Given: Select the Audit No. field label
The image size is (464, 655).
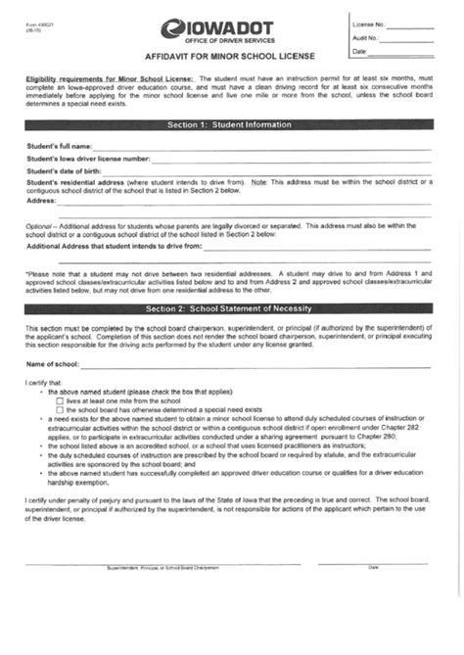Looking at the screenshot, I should [x=366, y=37].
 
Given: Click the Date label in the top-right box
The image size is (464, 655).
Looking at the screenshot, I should [x=359, y=51].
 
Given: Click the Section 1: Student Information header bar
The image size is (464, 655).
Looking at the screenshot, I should [x=229, y=125].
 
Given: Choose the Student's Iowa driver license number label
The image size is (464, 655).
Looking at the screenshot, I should [x=88, y=158].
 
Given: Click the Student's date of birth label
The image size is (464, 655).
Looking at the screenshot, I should [x=65, y=170].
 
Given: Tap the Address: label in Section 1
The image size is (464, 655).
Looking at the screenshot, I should [x=41, y=200].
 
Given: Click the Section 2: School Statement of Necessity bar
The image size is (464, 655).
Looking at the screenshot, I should [x=229, y=308].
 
